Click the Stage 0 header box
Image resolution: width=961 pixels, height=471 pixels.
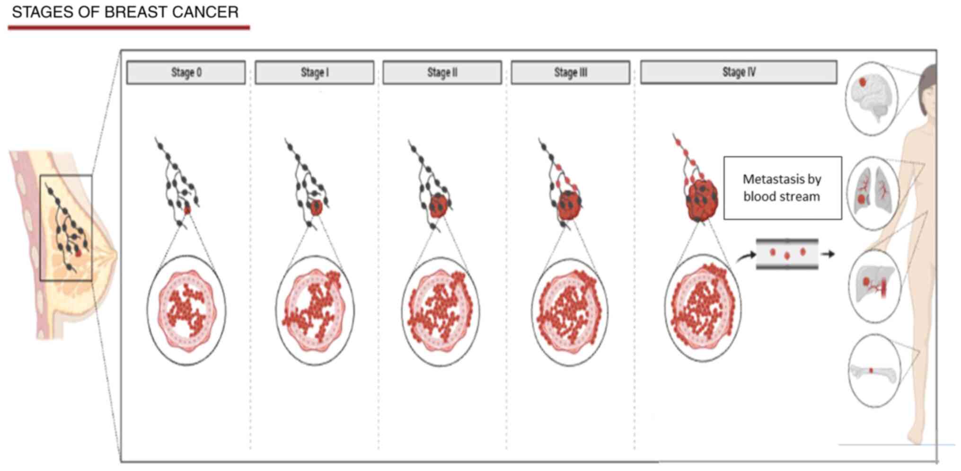click(186, 72)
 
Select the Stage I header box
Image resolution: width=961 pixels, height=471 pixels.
click(314, 72)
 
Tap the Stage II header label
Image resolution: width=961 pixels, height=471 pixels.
click(442, 72)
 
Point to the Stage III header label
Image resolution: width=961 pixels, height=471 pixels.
click(570, 72)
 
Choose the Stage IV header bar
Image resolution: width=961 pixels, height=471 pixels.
click(739, 72)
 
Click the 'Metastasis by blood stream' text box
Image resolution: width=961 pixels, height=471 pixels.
click(783, 188)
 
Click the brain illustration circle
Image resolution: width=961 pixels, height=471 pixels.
click(871, 99)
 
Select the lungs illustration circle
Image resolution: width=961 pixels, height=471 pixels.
click(873, 193)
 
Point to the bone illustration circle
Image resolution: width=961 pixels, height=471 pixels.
click(874, 371)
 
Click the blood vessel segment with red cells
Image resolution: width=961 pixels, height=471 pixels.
click(787, 254)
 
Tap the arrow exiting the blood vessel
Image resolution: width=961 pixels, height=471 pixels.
click(828, 254)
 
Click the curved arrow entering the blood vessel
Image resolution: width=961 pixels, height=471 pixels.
click(746, 256)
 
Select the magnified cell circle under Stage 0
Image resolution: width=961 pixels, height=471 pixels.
click(186, 311)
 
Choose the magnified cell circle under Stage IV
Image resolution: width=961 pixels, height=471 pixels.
click(703, 308)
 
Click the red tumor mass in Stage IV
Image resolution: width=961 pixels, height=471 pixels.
click(702, 201)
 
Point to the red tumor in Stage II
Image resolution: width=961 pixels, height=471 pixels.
click(438, 206)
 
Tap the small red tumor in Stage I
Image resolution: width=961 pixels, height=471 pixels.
click(316, 207)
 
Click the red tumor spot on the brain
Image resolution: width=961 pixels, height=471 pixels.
click(863, 82)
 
